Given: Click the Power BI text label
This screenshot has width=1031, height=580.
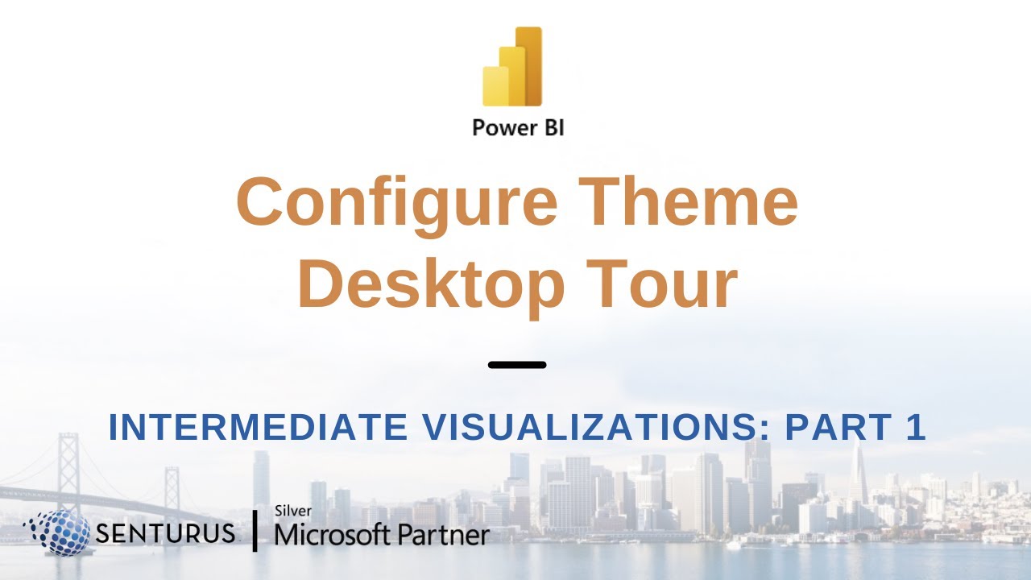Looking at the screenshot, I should [518, 127].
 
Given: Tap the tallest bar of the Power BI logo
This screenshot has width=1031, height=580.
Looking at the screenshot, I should [530, 66].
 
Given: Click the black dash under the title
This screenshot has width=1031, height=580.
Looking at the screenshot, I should [517, 365].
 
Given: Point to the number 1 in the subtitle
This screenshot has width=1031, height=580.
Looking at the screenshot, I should [916, 428].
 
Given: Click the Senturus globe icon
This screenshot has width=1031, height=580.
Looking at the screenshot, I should [56, 532].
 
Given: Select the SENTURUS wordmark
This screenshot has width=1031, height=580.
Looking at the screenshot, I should [165, 532].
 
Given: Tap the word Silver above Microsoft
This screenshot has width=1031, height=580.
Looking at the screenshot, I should [293, 511].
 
